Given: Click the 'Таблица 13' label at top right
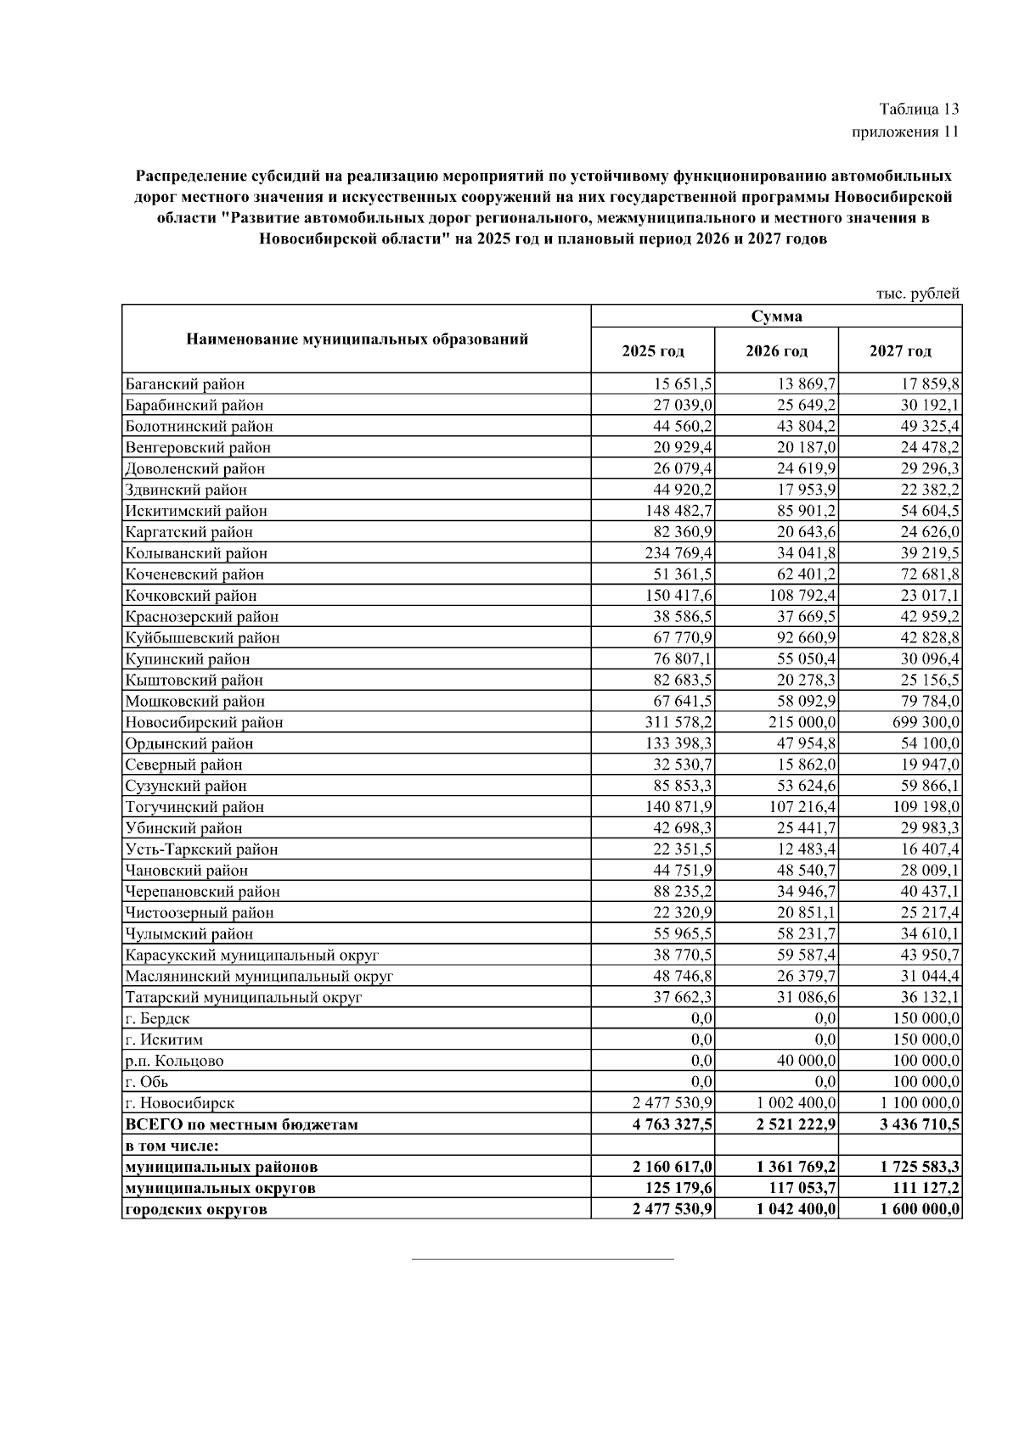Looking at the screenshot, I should pos(919,109).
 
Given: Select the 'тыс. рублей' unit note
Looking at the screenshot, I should pos(918,294).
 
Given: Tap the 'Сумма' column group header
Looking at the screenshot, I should pos(776,317).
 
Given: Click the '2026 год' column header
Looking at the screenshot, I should pos(776,350).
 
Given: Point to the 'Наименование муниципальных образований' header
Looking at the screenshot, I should pos(357,339).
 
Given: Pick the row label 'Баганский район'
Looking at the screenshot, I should pos(185,384).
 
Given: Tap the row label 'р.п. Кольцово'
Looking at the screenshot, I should pos(175,1061).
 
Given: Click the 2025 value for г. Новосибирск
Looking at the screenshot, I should pos(673,1103).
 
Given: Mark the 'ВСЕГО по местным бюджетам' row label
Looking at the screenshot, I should pos(242,1124).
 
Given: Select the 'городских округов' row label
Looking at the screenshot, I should pos(196,1209).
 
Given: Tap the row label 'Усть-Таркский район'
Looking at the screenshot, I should pos(202,849).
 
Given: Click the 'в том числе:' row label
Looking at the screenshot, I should pos(172,1146).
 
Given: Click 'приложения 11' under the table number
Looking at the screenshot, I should pos(905,132).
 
